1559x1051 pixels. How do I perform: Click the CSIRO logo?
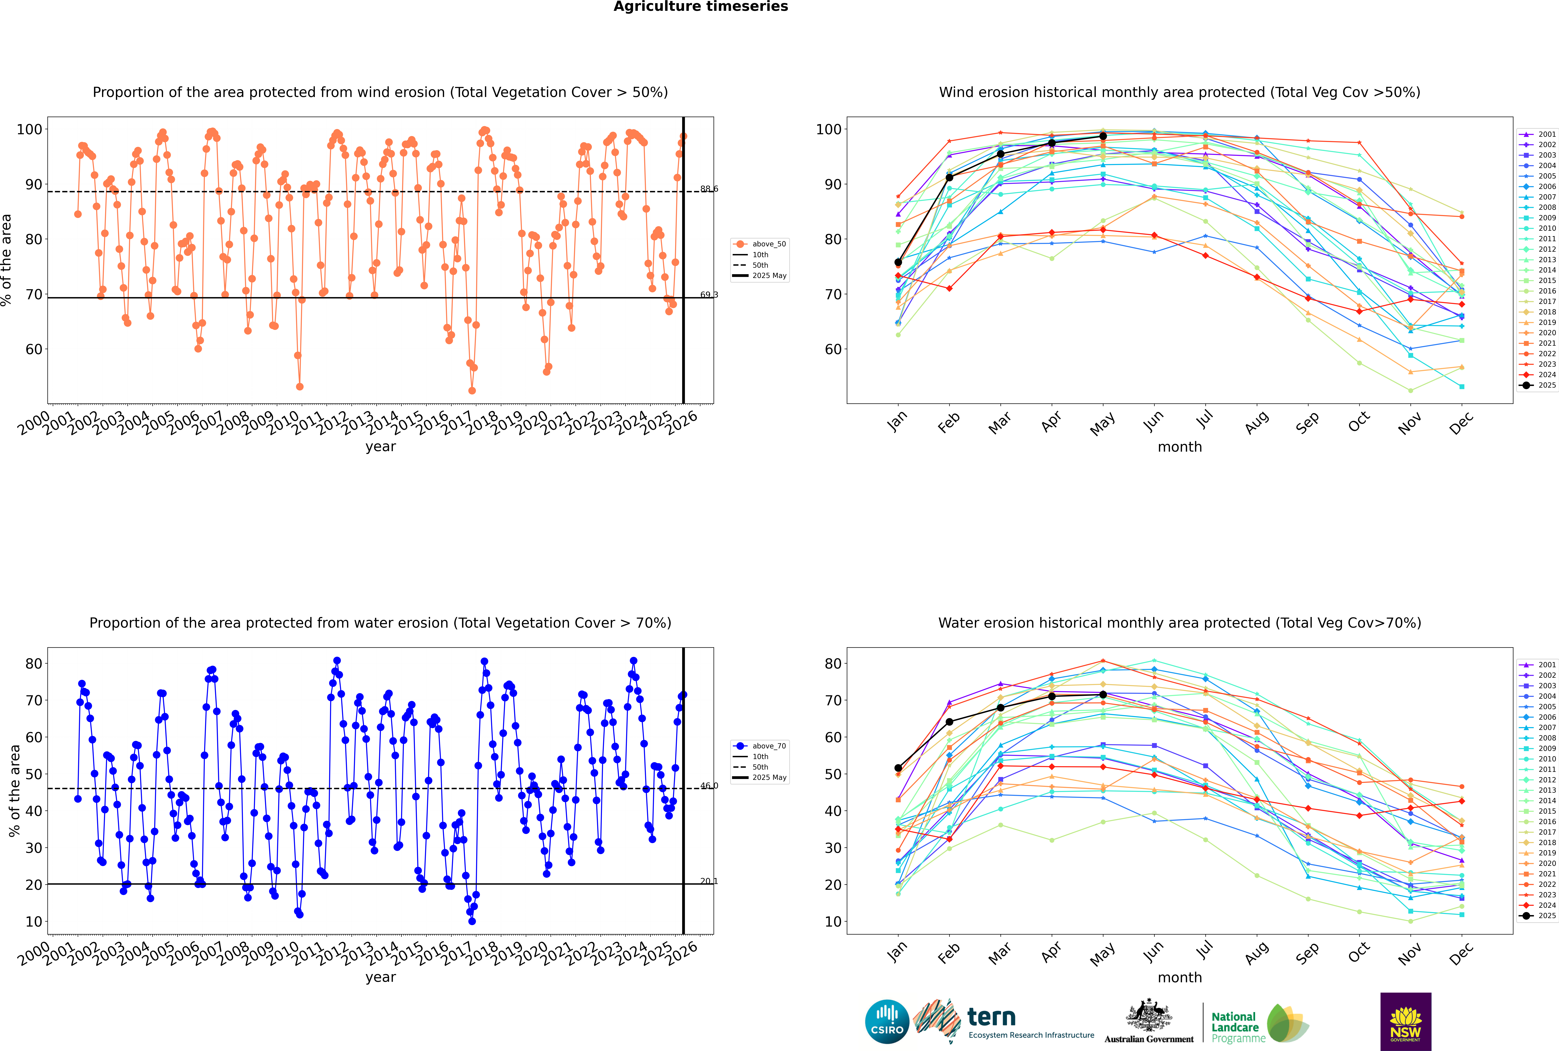pos(887,1022)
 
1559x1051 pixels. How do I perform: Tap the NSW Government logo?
pos(1405,1021)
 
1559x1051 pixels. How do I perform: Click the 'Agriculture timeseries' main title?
pos(700,7)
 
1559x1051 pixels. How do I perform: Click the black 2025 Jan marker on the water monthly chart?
pos(898,768)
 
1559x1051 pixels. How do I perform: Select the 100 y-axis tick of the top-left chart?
pos(29,129)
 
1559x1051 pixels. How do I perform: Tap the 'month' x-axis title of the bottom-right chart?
pos(1180,977)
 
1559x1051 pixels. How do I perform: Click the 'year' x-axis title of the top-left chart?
pos(381,446)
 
